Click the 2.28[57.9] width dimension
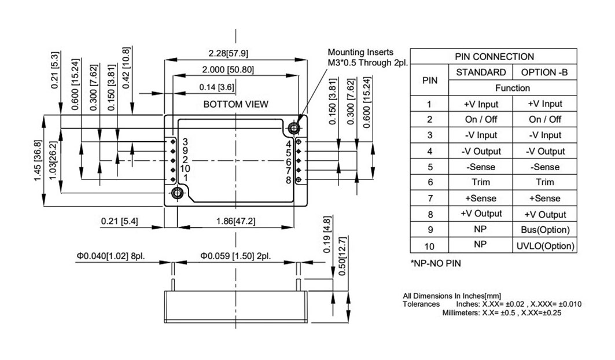(228, 53)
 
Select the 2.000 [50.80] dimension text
(228, 69)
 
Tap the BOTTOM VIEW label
(235, 104)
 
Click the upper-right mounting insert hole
(293, 127)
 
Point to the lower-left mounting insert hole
(177, 193)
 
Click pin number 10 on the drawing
(185, 169)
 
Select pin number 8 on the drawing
(288, 180)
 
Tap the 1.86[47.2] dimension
(235, 221)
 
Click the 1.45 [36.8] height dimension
(38, 160)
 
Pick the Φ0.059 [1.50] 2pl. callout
(235, 256)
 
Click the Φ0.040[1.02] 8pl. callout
(111, 256)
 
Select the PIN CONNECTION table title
(494, 57)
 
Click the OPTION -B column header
(544, 72)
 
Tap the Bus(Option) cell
(545, 230)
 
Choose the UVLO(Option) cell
(545, 246)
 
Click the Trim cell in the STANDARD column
(481, 182)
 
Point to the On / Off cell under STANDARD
(481, 119)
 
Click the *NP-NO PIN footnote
(436, 263)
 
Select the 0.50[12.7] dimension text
(342, 256)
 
